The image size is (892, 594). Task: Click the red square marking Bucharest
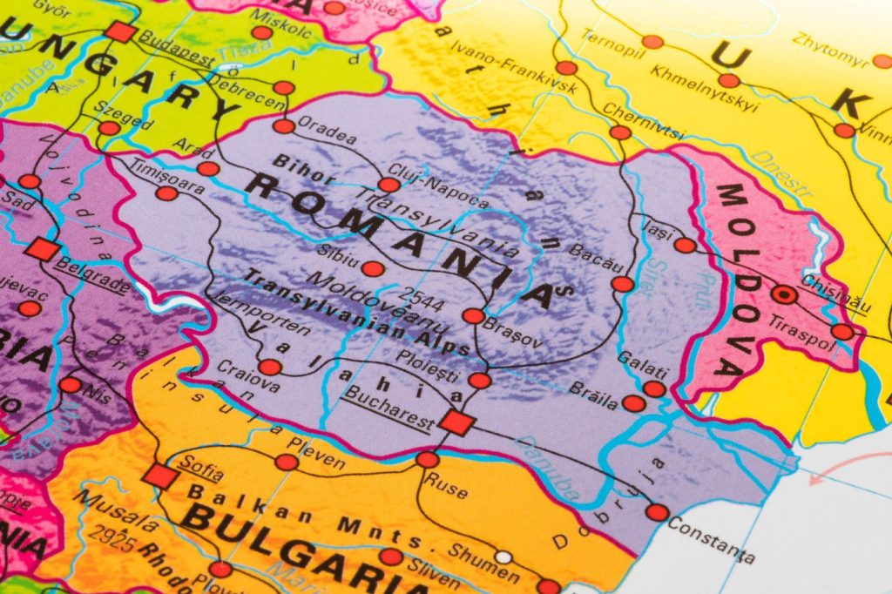(456, 422)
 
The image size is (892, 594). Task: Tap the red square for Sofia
(160, 476)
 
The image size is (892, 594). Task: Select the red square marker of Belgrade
(42, 249)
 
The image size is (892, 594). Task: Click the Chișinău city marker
(785, 294)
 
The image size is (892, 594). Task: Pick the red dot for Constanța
(657, 512)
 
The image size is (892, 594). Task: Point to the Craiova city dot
(270, 367)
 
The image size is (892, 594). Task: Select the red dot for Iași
(686, 245)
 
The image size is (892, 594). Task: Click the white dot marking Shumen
(503, 557)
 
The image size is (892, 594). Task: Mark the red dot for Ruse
(427, 459)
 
